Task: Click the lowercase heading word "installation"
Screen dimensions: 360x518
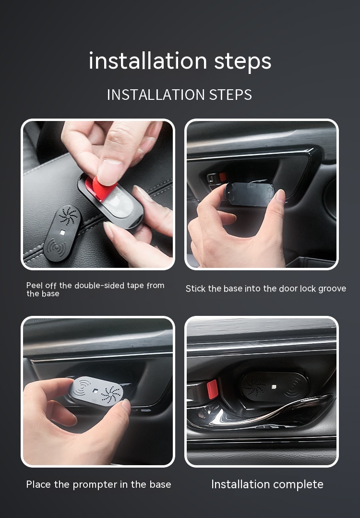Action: [x=148, y=61]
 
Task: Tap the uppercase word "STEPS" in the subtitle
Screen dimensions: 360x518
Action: [x=230, y=95]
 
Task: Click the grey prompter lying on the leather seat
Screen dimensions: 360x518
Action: [x=62, y=233]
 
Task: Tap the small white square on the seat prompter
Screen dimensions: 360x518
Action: [x=62, y=232]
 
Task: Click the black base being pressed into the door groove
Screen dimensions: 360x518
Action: [x=250, y=194]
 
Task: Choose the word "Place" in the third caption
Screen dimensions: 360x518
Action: [x=39, y=484]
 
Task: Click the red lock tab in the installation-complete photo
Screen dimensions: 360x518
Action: [x=212, y=389]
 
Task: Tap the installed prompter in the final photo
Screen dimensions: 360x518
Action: [x=275, y=387]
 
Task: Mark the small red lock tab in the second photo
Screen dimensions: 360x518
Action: [x=223, y=177]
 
